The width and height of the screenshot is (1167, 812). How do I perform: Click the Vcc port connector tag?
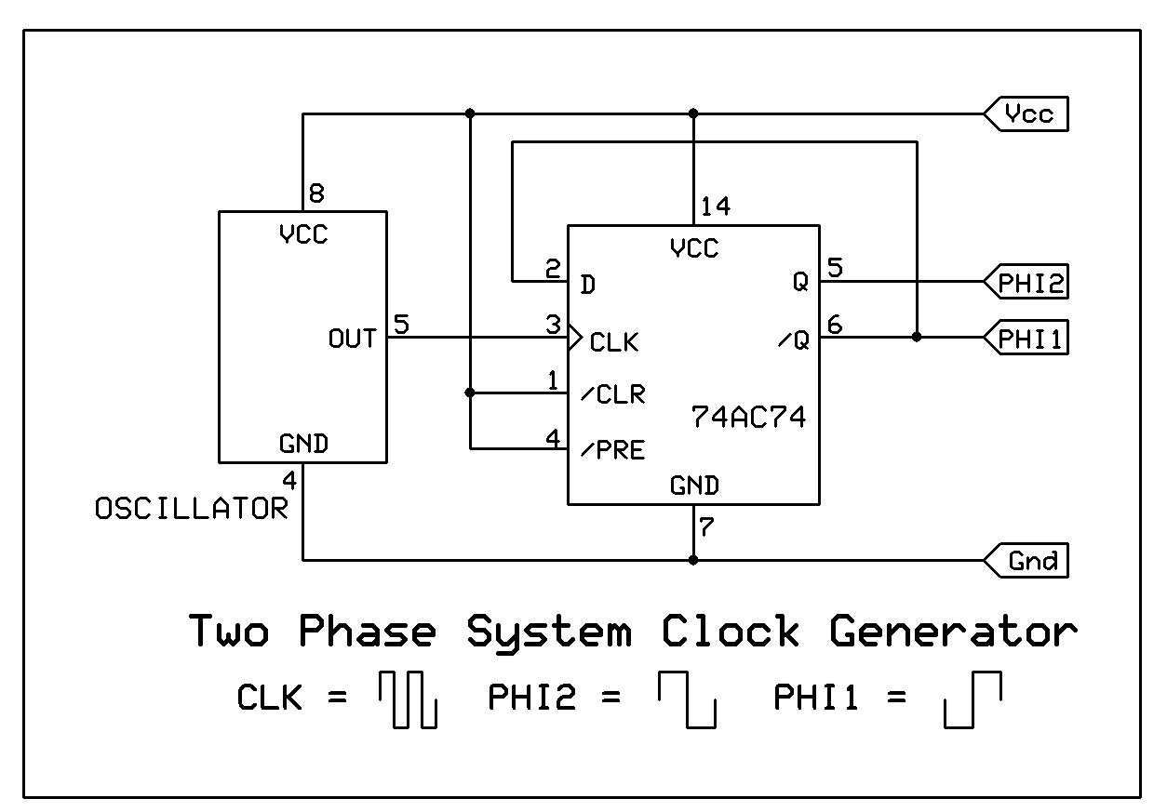pos(1027,114)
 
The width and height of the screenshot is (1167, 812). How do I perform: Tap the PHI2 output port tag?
pos(1027,282)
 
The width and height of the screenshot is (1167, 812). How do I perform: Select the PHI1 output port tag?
pos(1027,339)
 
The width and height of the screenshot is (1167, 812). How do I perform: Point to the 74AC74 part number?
pos(747,417)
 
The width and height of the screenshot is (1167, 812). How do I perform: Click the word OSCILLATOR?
pos(192,509)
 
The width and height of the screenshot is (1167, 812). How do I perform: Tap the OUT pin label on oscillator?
pos(352,338)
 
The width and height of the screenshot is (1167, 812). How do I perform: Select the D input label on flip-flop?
pos(587,284)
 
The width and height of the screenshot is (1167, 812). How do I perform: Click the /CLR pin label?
pos(612,394)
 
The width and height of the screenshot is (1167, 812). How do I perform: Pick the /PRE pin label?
pos(612,451)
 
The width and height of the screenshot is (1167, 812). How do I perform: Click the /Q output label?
pos(794,341)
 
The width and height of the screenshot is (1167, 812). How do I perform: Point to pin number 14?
pos(715,206)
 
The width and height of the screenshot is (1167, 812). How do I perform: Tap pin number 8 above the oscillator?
pos(316,193)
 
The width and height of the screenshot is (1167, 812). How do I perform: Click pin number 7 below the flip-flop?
pos(705,527)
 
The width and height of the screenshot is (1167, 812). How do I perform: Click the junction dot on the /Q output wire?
pos(917,337)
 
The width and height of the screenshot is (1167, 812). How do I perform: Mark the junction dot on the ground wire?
pos(693,560)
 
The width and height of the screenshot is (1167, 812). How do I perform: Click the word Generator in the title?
pos(953,632)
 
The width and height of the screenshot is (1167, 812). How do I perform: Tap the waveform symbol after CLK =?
pos(408,700)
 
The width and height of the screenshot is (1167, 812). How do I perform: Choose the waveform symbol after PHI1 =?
pos(972,700)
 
